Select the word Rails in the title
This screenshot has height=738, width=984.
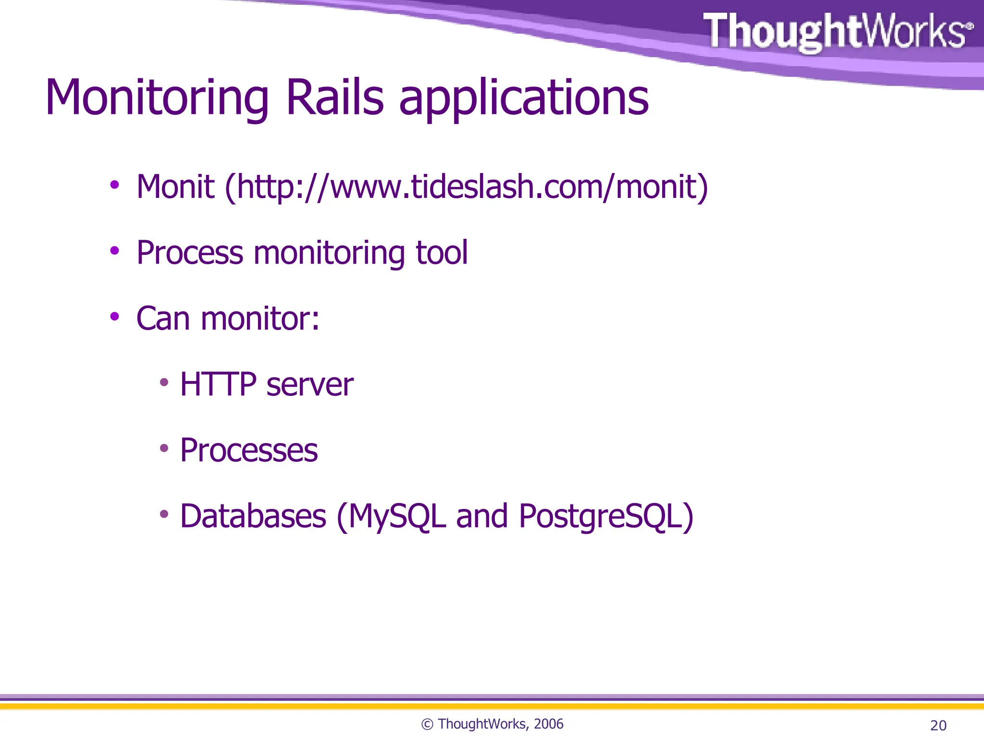335,98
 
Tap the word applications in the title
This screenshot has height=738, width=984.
524,98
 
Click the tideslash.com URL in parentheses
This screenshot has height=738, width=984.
466,187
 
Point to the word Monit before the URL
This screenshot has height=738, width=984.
175,187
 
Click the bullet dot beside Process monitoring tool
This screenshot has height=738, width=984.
114,250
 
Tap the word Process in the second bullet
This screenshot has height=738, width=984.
190,253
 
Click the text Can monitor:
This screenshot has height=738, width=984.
228,319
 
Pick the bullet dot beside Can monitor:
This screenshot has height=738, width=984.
114,316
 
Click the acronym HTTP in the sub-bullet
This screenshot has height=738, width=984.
218,384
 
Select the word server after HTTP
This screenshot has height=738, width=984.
310,385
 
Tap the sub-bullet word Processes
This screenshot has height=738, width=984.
249,451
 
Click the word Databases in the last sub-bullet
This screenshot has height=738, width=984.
253,517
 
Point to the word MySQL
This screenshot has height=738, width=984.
397,517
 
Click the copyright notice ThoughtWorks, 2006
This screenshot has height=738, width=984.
492,724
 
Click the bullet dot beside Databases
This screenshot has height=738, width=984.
164,514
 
